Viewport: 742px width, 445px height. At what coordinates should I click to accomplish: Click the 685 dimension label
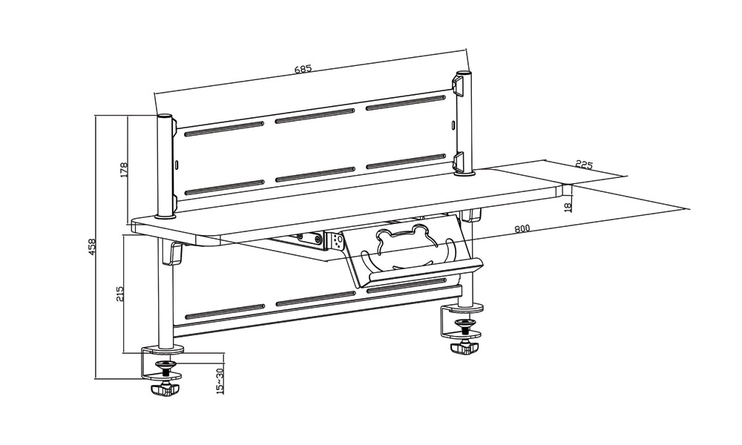303,68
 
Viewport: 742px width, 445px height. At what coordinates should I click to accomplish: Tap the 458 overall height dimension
92,247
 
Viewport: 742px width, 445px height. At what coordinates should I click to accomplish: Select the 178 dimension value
124,171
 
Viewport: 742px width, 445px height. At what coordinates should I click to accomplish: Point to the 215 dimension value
119,294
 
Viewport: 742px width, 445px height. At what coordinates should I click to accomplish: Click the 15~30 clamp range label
219,380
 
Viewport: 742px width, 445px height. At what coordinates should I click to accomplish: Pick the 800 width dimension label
522,228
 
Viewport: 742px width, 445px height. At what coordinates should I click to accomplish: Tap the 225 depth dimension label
584,165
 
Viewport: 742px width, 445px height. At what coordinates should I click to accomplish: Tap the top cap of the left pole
165,116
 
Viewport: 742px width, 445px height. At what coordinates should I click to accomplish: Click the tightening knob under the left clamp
164,389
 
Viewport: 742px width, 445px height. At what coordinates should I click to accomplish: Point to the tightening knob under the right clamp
464,349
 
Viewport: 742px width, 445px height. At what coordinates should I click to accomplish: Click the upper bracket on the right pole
458,85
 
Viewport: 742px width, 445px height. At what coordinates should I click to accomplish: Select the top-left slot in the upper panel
224,128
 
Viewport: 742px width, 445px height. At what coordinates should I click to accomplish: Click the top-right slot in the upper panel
406,102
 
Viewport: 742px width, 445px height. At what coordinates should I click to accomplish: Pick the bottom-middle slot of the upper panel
315,174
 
